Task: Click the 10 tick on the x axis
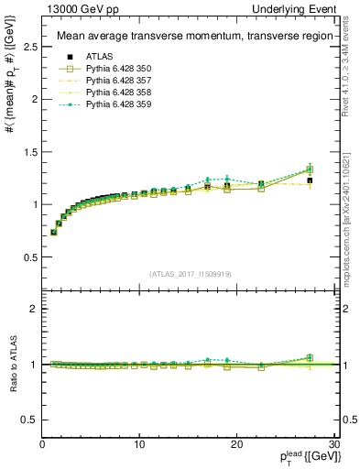[139, 444]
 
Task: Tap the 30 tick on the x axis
[333, 444]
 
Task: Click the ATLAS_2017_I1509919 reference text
[189, 273]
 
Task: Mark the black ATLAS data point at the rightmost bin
[310, 180]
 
